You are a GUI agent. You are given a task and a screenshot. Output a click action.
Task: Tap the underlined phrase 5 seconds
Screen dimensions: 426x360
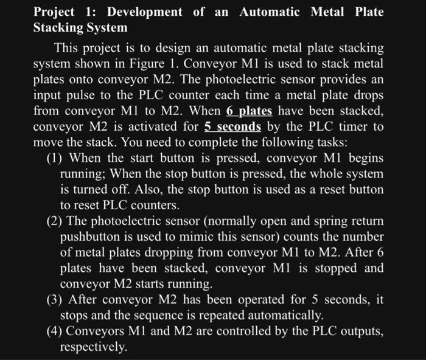(232, 126)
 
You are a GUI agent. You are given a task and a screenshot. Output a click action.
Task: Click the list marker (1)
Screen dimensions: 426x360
(57, 158)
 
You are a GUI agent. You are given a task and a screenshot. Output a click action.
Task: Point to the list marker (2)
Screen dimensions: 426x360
(57, 220)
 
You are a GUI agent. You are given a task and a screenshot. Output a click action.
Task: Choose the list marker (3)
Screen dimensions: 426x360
(57, 299)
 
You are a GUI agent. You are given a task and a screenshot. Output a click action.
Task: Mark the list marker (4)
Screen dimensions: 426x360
(57, 331)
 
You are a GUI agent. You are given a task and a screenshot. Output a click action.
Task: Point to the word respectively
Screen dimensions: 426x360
(94, 347)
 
